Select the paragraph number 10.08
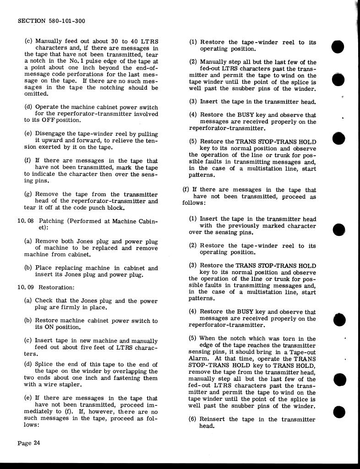[x=25, y=221]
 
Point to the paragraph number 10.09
[x=25, y=288]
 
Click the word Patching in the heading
[x=54, y=221]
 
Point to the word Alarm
[x=198, y=359]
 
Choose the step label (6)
[x=193, y=420]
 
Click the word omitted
[x=36, y=94]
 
